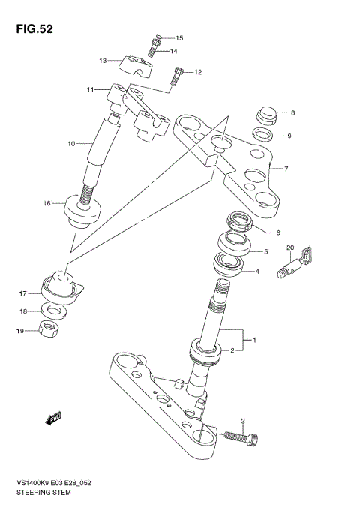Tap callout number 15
(178, 37)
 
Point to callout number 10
(72, 142)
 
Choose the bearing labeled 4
(228, 265)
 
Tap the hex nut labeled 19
(47, 329)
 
